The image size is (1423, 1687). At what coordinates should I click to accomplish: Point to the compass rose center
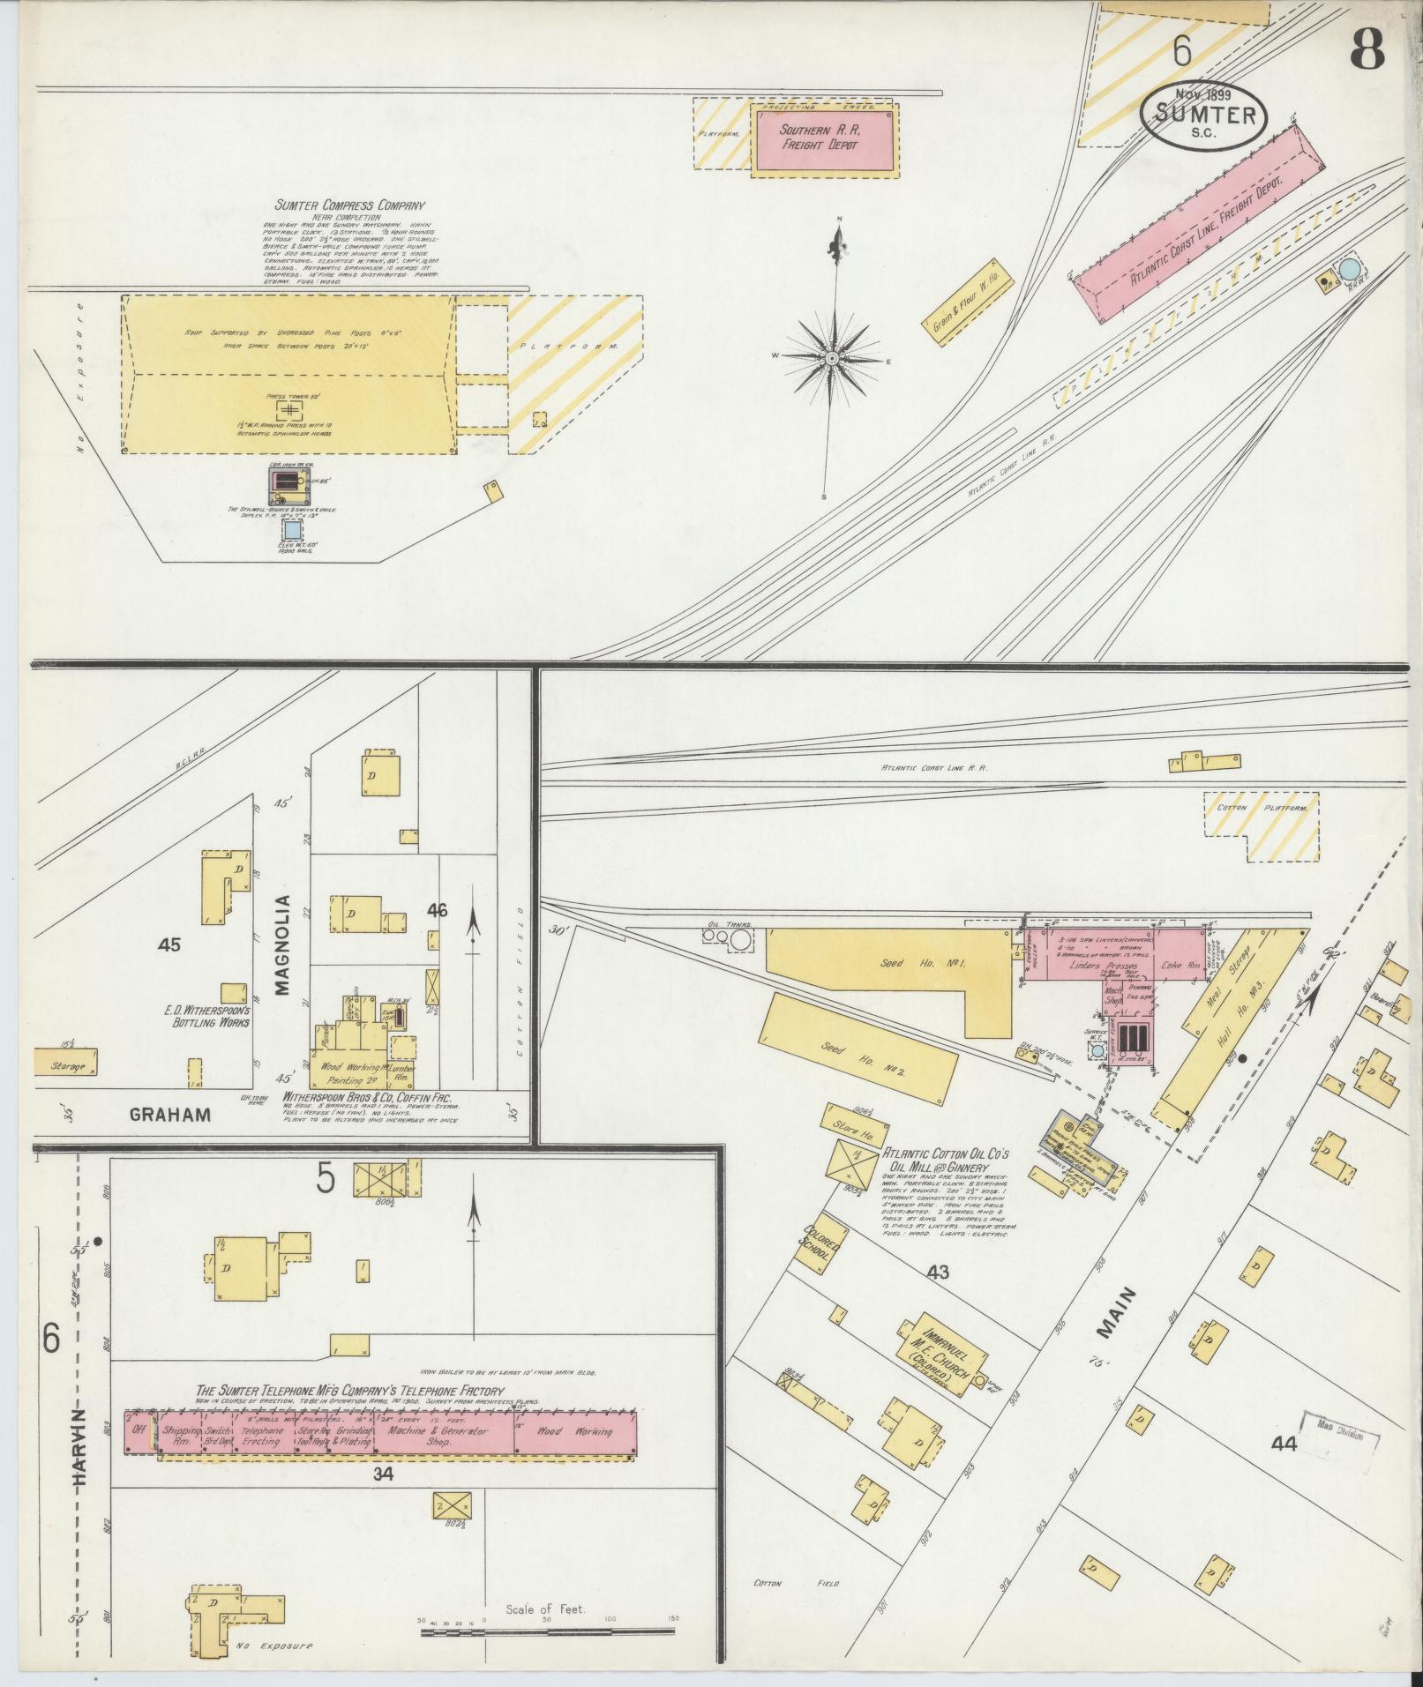pyautogui.click(x=832, y=359)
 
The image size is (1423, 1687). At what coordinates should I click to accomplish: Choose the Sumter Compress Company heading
pyautogui.click(x=349, y=205)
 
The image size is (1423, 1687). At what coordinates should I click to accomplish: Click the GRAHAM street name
pyautogui.click(x=170, y=1114)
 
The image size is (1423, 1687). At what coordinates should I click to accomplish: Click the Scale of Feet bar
pyautogui.click(x=547, y=1632)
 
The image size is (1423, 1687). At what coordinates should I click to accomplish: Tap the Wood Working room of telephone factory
pyautogui.click(x=574, y=1431)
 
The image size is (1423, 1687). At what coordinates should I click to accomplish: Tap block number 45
pyautogui.click(x=169, y=944)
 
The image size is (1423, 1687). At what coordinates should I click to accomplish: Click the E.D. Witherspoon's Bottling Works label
pyautogui.click(x=207, y=1016)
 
